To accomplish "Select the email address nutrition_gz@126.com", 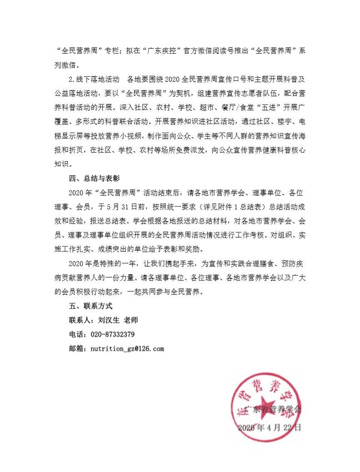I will click(127, 348).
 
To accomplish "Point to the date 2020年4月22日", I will click(269, 427).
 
